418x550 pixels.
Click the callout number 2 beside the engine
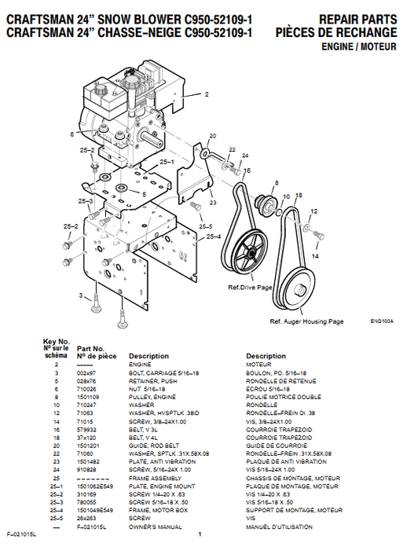click(207, 94)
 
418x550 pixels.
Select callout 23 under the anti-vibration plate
click(211, 203)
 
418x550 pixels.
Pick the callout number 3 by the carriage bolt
click(81, 295)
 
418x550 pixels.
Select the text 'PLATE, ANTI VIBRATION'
click(158, 461)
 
